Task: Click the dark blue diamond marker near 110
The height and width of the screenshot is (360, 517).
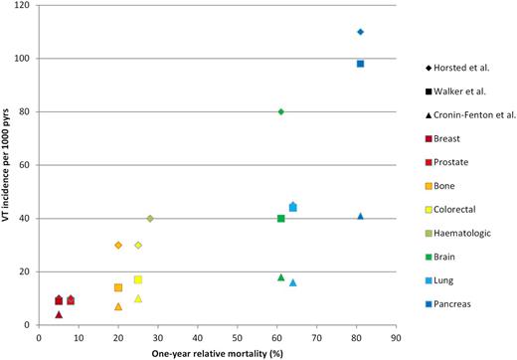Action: pos(360,32)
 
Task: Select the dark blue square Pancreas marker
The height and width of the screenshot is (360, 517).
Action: pos(360,64)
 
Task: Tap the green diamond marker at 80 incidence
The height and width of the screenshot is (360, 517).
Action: pos(281,111)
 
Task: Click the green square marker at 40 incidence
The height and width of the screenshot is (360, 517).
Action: pos(281,218)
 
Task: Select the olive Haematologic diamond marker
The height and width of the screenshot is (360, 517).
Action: pos(150,218)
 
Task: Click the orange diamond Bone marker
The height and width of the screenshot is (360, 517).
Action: pos(118,245)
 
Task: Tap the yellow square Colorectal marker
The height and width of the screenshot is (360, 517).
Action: pos(138,279)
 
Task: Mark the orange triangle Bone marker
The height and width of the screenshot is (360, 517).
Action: pos(118,306)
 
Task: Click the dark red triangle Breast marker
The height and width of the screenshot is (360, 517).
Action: pos(59,314)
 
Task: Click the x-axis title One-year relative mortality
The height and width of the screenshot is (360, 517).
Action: pos(219,352)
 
